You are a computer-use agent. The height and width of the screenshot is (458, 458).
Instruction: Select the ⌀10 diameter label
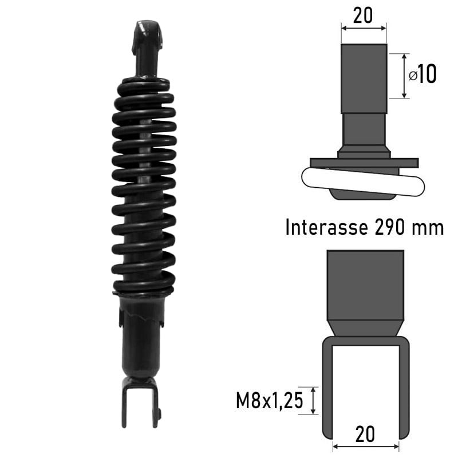423,75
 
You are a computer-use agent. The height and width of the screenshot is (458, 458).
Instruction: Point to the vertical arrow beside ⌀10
406,76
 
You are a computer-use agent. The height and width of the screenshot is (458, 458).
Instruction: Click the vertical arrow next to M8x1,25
313,400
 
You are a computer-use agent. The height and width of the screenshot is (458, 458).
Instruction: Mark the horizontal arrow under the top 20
364,29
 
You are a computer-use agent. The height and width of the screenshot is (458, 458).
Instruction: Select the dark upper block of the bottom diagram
365,285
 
